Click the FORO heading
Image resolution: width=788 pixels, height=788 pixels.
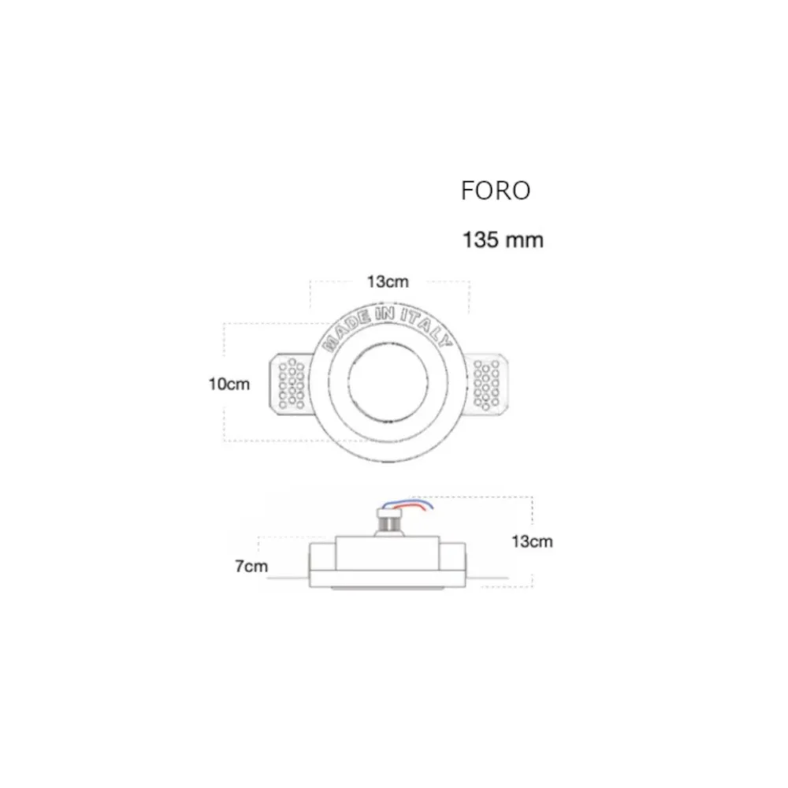tap(496, 191)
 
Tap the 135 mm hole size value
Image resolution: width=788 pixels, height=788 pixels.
tap(503, 240)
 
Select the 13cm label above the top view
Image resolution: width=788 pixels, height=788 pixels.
tap(388, 282)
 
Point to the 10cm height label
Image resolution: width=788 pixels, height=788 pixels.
tap(229, 384)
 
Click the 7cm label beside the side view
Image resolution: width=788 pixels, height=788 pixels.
tap(251, 566)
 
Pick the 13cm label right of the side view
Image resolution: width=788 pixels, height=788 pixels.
tap(532, 541)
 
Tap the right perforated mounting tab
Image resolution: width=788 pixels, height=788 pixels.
tap(489, 384)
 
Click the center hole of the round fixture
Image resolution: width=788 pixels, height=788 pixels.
tap(388, 384)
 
